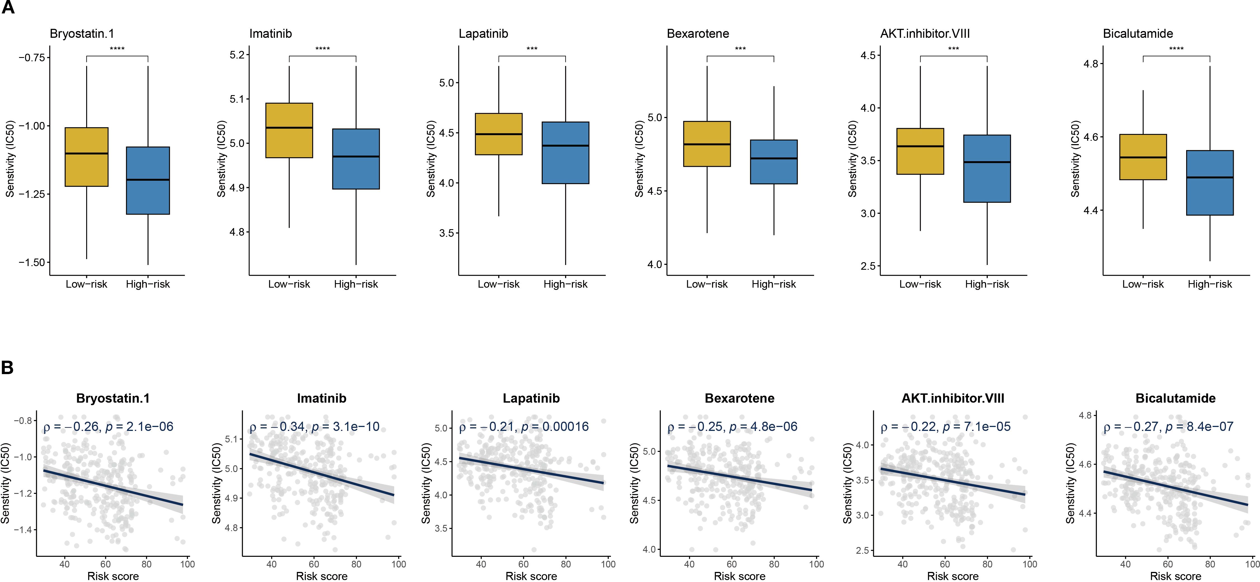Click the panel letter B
(7, 368)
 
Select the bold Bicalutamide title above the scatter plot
(1176, 399)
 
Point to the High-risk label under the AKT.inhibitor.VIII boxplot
(987, 284)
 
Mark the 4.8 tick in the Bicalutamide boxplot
(1091, 64)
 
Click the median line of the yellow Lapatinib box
(499, 134)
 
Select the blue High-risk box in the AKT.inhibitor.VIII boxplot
(987, 169)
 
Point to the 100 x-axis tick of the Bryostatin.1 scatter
(187, 564)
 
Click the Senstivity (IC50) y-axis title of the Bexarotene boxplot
(639, 159)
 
